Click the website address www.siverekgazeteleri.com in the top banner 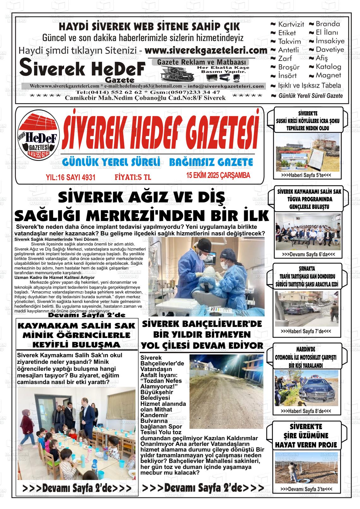(206, 50)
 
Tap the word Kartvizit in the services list (291, 24)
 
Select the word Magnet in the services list (328, 75)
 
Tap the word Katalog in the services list (328, 67)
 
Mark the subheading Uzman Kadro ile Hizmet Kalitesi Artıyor (50, 277)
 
